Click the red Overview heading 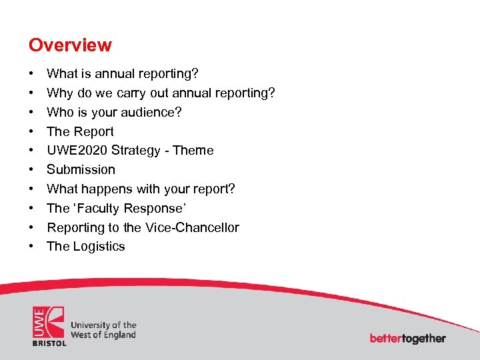(70, 45)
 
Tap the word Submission (81, 169)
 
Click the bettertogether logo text (407, 338)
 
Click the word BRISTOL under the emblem (49, 343)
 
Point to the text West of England (103, 335)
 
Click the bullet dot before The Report (32, 131)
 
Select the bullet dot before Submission (32, 170)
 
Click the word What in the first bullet (62, 74)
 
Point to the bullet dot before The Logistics (32, 247)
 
